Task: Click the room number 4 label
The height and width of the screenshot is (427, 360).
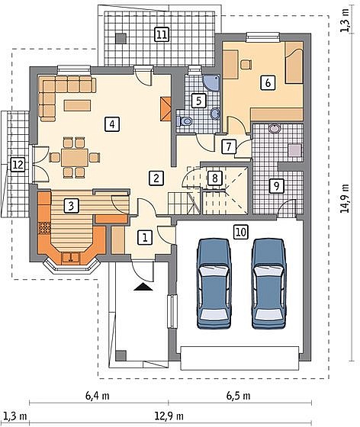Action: coord(112,124)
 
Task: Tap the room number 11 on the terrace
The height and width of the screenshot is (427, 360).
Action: coord(162,34)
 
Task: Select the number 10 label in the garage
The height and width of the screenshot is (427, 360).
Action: coord(241,233)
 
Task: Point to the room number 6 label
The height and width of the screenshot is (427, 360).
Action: coord(268,82)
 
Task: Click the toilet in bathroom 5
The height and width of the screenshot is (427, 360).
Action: coord(185,121)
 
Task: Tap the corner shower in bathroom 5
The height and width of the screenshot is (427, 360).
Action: coord(212,82)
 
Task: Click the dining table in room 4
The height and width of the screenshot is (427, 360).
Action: coord(75,157)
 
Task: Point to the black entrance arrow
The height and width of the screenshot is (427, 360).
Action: coord(143,287)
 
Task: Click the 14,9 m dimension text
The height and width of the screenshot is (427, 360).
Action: coord(345,198)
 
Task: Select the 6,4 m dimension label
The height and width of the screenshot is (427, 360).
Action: coord(98,396)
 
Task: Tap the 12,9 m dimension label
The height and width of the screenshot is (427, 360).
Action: coord(169,416)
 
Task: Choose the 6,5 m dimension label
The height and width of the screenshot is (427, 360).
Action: coord(239,396)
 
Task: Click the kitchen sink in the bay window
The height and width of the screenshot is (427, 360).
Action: coord(71,258)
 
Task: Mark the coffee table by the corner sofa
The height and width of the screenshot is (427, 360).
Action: coord(77,105)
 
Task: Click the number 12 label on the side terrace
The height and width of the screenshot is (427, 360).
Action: coord(18,165)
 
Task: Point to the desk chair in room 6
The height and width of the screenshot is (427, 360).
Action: coord(246,64)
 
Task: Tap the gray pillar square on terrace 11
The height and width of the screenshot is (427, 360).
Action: coord(121,38)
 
